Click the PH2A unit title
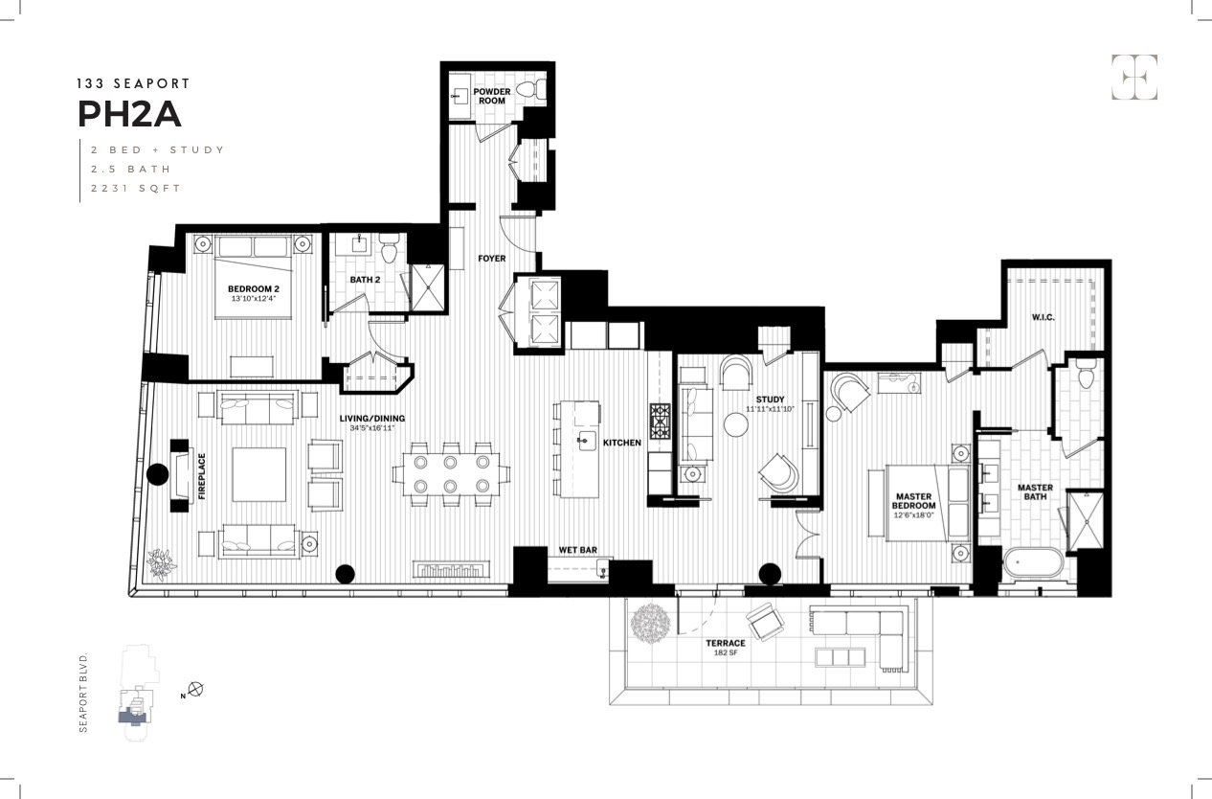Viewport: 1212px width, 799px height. click(128, 114)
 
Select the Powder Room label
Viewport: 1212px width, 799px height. click(491, 96)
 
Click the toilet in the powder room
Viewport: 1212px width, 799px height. click(529, 90)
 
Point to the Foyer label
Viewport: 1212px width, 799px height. click(491, 259)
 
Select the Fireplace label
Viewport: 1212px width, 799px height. click(202, 476)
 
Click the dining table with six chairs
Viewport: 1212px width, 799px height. click(449, 474)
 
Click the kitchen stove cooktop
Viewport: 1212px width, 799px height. click(662, 422)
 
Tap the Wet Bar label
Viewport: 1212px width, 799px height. click(578, 551)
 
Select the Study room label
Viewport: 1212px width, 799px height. click(770, 399)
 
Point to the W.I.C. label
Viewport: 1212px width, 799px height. click(1044, 317)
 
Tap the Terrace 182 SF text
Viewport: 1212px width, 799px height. click(727, 648)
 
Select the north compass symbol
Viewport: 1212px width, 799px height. click(196, 689)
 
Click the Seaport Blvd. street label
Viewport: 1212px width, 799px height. click(83, 694)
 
